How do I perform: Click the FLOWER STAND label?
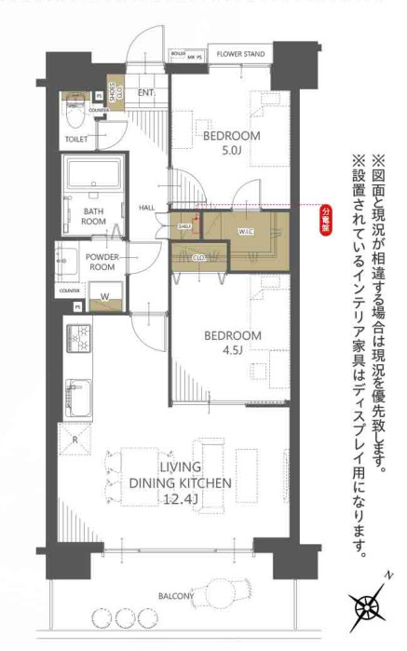pos(240,54)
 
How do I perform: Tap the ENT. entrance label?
pos(146,93)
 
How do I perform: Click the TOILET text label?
pos(76,140)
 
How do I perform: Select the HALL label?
pos(146,207)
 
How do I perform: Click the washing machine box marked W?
pos(104,297)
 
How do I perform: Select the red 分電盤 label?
pos(326,224)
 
